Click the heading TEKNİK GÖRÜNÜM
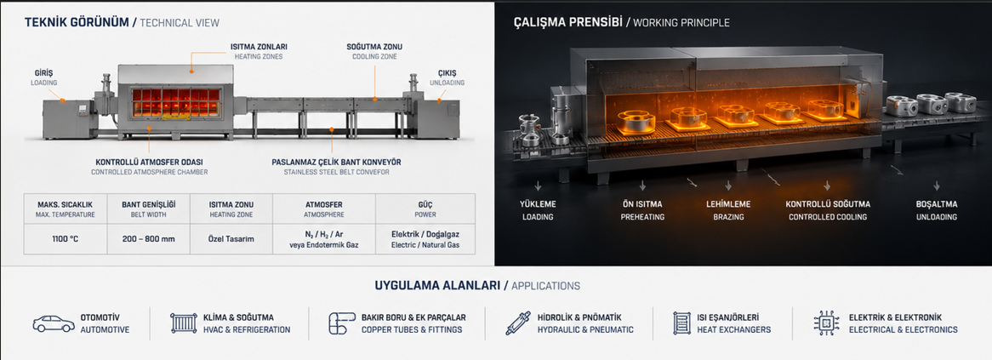coord(76,22)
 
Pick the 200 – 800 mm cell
coord(149,240)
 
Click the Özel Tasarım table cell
coord(231,240)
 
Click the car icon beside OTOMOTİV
coord(53,323)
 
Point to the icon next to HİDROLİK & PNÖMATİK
coord(518,323)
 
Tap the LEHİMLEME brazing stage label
coord(728,204)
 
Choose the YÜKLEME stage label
coord(538,204)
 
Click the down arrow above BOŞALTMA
coord(937,186)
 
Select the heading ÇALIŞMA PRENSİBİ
coord(567,22)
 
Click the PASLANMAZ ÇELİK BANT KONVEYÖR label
coord(337,162)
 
